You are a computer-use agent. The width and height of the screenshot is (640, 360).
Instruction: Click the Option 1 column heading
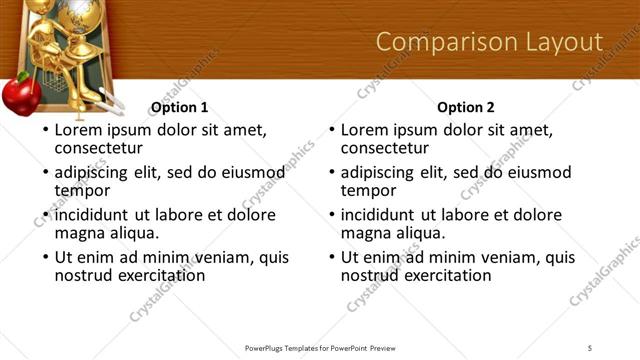pos(179,107)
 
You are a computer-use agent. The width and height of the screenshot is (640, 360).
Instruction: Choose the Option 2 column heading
pos(466,107)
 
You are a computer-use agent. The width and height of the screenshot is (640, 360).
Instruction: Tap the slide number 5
pos(590,348)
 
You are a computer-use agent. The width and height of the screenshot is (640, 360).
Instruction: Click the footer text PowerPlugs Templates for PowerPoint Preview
pos(320,348)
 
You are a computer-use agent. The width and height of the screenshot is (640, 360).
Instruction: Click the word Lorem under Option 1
pos(78,130)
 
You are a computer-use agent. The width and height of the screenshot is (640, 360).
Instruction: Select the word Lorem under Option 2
pos(365,130)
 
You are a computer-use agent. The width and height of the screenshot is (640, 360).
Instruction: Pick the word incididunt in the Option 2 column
pos(377,215)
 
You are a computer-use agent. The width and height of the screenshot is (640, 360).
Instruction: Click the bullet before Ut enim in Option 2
pos(332,258)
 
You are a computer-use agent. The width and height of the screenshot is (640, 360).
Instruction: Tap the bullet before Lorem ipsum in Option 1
pos(45,131)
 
